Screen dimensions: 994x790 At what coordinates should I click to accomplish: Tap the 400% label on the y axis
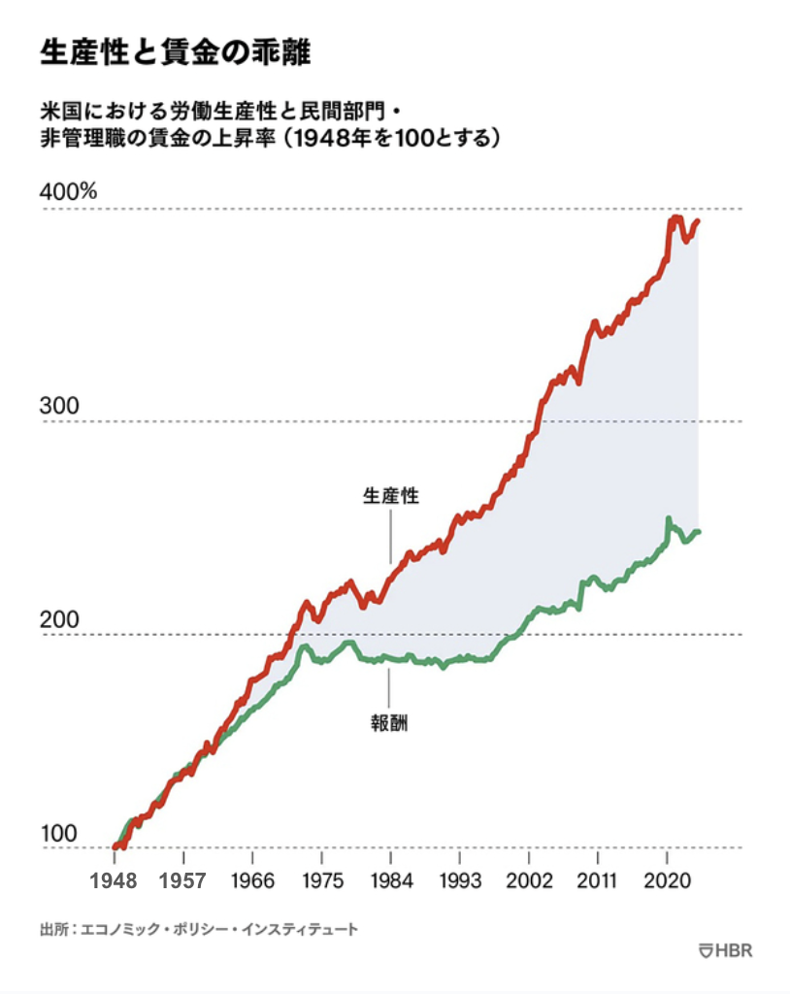[68, 191]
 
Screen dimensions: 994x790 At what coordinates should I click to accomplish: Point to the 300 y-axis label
[58, 405]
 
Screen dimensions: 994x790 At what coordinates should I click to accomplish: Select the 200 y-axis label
[58, 618]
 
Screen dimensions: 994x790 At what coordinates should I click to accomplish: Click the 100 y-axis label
[57, 833]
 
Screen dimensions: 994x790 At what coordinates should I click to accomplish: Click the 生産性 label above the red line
[390, 495]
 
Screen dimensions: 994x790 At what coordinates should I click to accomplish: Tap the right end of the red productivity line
[698, 221]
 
